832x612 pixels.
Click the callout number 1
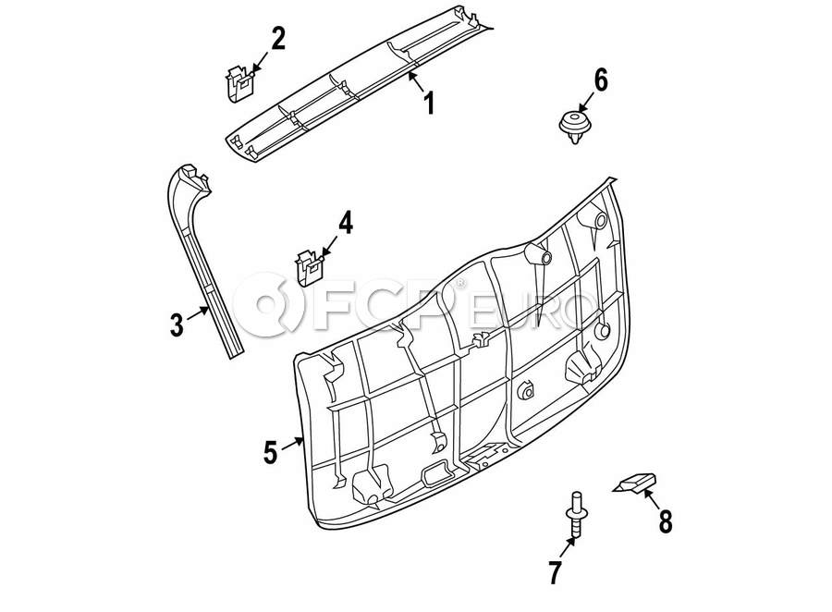tap(428, 102)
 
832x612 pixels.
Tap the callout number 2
tap(277, 39)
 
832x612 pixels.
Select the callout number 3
tap(177, 324)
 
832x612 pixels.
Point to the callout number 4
tap(344, 223)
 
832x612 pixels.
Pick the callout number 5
tap(270, 452)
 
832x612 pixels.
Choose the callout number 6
tap(601, 80)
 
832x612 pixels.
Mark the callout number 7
tap(555, 572)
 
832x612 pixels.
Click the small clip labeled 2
tap(240, 80)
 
